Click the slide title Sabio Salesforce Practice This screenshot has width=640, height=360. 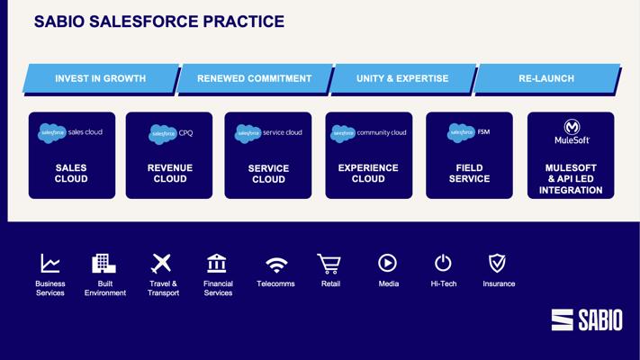coord(159,22)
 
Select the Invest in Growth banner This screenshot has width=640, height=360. coord(101,78)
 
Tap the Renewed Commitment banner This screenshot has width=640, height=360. coord(254,78)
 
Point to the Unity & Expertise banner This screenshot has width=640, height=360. coord(402,78)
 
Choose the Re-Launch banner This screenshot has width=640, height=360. coord(546,78)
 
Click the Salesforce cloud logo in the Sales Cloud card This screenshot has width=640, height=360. coord(52,133)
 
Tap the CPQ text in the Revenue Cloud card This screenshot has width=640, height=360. coord(185,133)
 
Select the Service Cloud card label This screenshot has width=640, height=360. coord(268,174)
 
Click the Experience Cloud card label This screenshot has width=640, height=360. coord(368,174)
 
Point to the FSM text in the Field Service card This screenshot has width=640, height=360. coord(483,131)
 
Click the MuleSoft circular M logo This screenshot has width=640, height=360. coord(572,127)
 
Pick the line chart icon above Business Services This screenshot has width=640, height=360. coord(50,264)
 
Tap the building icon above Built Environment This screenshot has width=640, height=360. coord(104,264)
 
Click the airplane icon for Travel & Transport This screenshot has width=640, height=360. coord(161,264)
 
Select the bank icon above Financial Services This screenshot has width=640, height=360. coord(217,264)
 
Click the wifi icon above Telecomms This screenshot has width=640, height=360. coord(276,265)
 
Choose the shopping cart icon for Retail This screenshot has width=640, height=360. coord(329,264)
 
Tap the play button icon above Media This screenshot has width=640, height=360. coord(387,263)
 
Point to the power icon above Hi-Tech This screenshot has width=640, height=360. coord(443,263)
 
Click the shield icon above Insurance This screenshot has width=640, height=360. coord(498,264)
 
